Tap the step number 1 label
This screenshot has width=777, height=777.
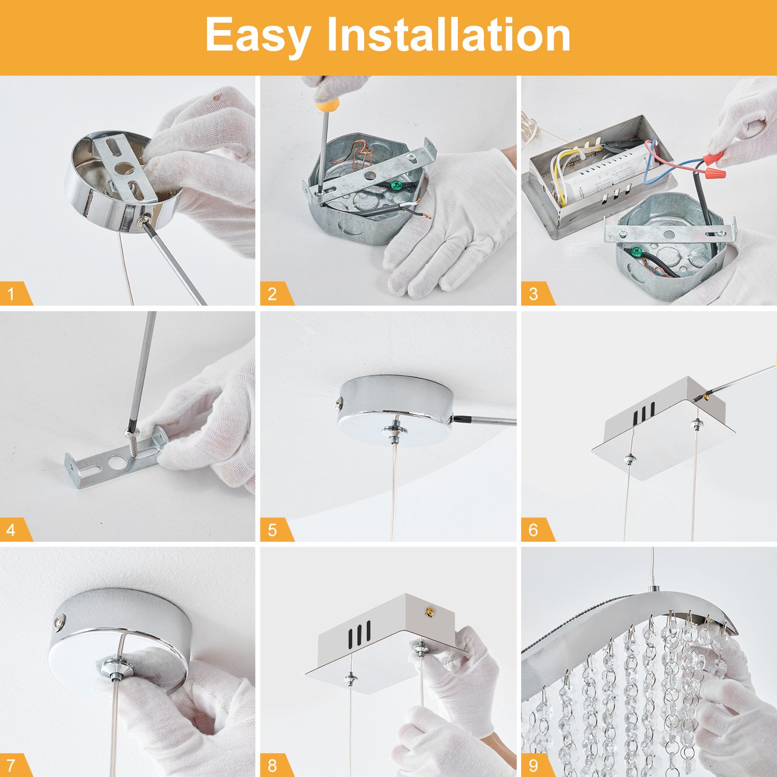[11, 294]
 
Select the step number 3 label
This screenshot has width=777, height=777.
[534, 294]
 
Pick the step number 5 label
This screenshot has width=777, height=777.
[272, 530]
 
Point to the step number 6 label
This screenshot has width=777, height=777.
[534, 530]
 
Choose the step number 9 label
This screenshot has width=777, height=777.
[534, 765]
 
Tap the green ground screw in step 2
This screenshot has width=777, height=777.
[396, 184]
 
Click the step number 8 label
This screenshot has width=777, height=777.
[272, 765]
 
